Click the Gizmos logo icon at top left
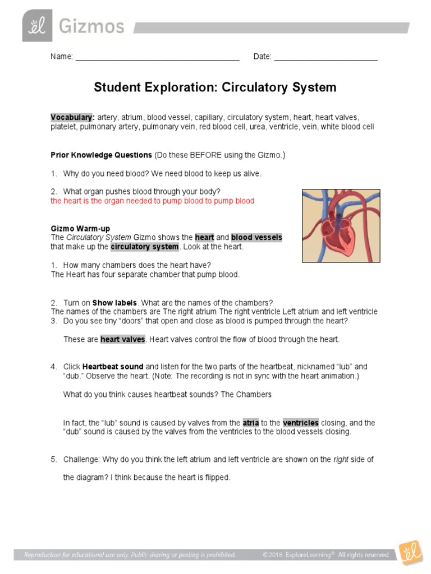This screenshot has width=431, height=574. coord(37,26)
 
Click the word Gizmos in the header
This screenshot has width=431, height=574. coord(91,26)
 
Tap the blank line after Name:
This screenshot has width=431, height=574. coord(157,59)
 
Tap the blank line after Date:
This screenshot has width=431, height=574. coord(325,59)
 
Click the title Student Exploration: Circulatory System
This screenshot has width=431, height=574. coord(215,87)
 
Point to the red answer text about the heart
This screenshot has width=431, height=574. coord(152,201)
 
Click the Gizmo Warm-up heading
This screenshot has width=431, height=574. coord(80,229)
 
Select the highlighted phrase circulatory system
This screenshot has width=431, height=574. coord(144,247)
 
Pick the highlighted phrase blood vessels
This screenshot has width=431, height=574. coord(256,238)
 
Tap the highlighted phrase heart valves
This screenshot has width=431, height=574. coord(123,339)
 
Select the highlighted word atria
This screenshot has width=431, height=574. coord(250,423)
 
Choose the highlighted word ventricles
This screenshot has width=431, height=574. coord(300,423)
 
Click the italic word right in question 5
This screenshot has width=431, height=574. coord(341,459)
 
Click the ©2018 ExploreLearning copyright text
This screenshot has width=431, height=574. coord(325,555)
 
